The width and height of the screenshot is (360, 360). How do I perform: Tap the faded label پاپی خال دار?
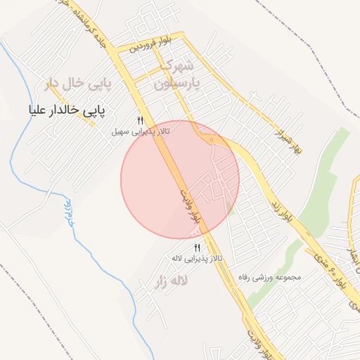75,84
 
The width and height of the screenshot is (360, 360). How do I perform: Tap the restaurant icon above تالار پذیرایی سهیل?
141,121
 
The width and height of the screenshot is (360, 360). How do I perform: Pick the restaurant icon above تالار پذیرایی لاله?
197,247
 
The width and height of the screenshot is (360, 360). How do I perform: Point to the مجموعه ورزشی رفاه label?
269,277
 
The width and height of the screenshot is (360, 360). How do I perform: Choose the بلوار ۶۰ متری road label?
339,271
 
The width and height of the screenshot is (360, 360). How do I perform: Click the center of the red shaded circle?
180,179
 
